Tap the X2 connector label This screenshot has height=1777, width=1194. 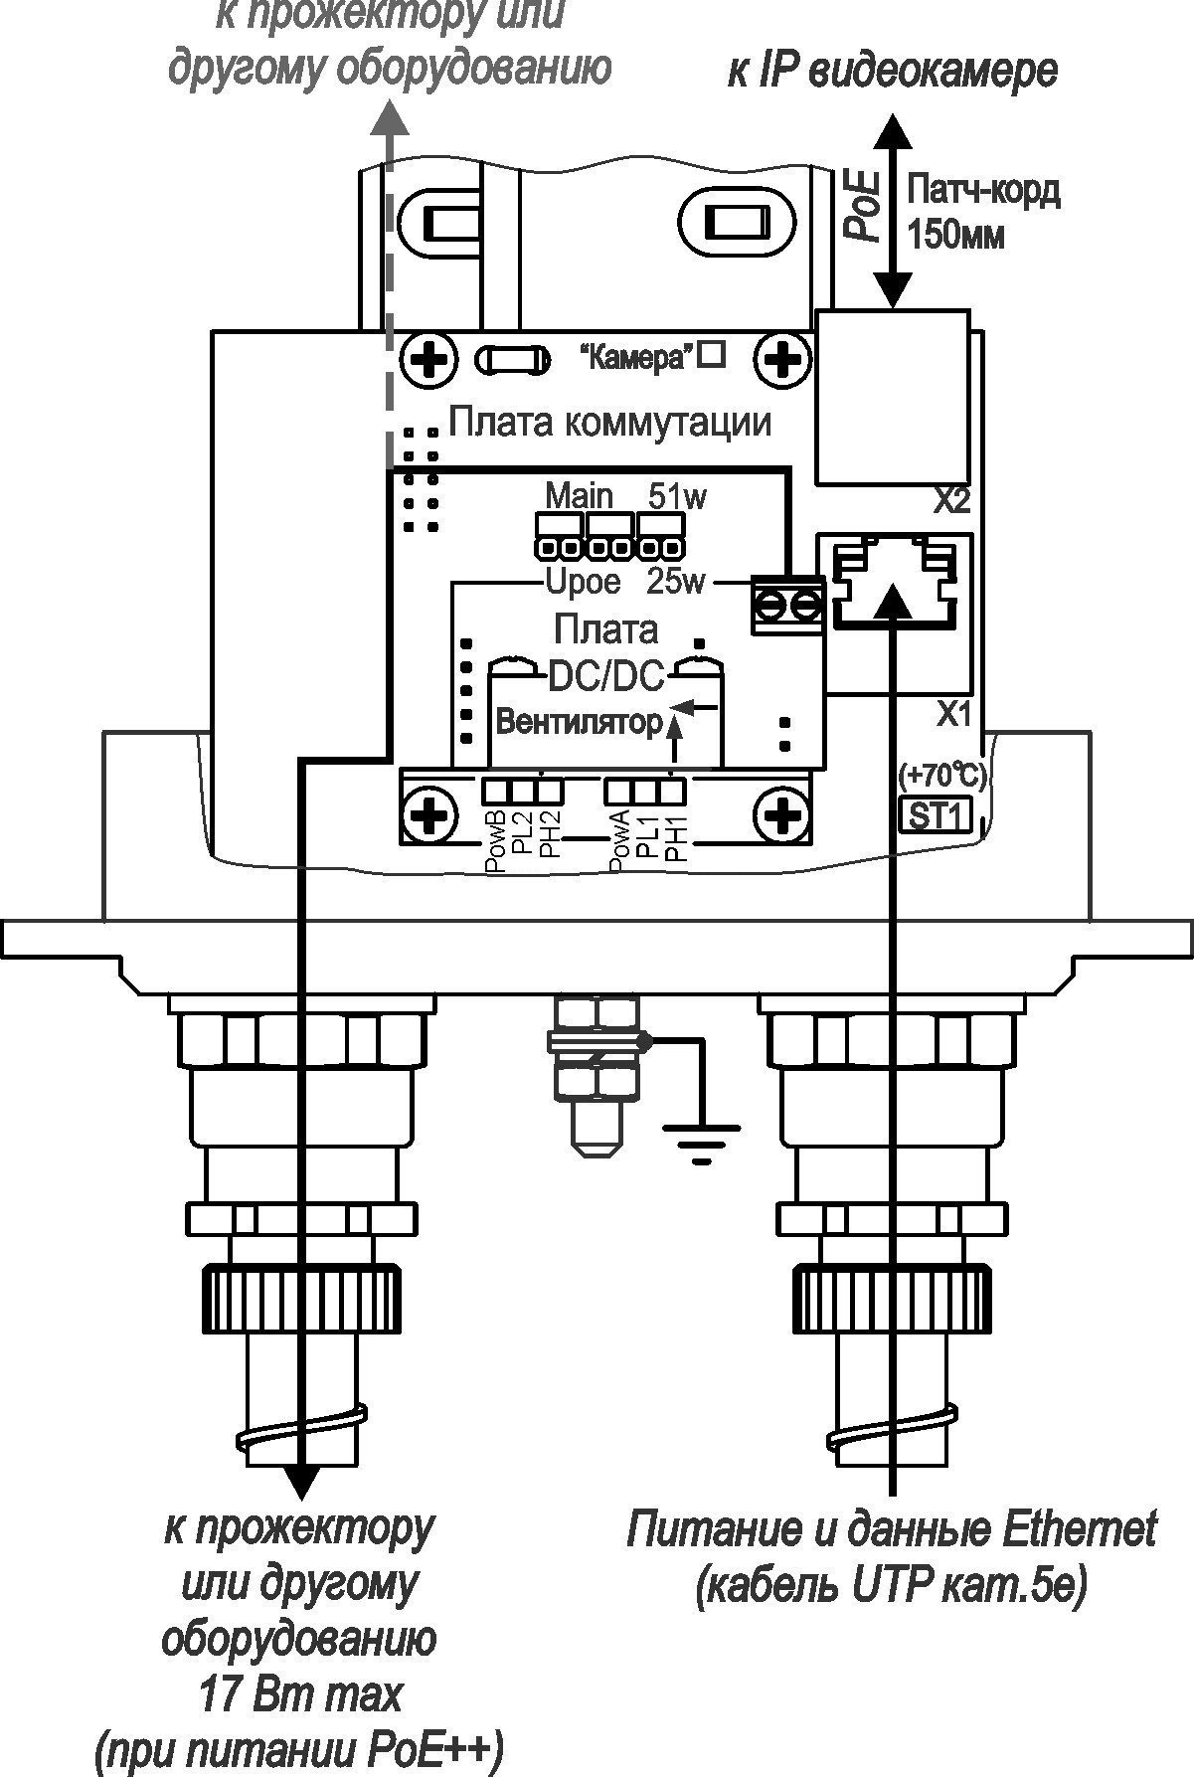tap(951, 500)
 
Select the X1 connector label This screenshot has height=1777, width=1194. tap(951, 712)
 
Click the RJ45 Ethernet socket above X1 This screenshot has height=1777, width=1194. tap(893, 587)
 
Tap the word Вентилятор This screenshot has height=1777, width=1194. tap(578, 722)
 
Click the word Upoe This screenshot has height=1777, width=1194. tap(584, 581)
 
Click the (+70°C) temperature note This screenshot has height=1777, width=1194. tap(940, 774)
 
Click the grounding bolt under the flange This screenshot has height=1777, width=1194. tap(596, 1074)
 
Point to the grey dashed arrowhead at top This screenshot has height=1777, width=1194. tap(389, 118)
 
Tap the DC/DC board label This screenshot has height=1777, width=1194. tap(606, 678)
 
